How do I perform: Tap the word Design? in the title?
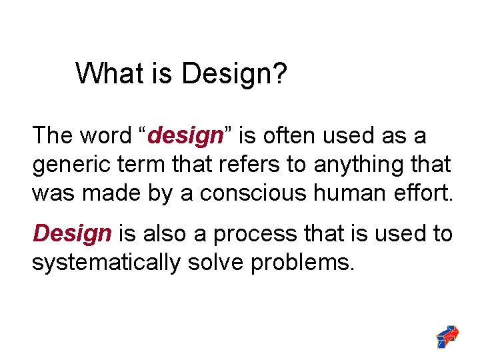coord(234,74)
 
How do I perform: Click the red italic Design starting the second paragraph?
coord(73,234)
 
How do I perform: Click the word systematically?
coord(106,263)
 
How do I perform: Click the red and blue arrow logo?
coord(447,336)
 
